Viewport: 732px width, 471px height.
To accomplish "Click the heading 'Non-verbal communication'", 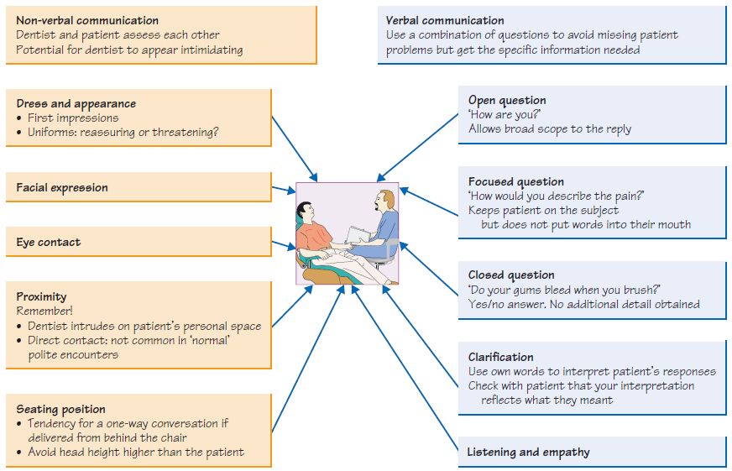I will coord(87,20).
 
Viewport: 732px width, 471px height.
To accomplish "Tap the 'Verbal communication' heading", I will coord(445,20).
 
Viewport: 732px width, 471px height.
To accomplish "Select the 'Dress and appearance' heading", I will coord(76,104).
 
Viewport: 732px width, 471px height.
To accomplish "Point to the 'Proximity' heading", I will coord(41,296).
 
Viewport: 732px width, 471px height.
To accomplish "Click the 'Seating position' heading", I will coord(61,410).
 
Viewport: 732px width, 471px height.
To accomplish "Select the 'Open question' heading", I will coord(507,101).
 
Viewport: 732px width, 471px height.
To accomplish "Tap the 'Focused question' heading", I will coord(515,181).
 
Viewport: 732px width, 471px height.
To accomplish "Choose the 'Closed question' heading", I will coord(511,275).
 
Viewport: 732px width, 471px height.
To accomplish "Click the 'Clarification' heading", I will coord(501,357).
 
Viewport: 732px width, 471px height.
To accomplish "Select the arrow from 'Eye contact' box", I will coord(284,247).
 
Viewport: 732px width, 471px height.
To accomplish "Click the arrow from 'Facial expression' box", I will coord(284,190).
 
